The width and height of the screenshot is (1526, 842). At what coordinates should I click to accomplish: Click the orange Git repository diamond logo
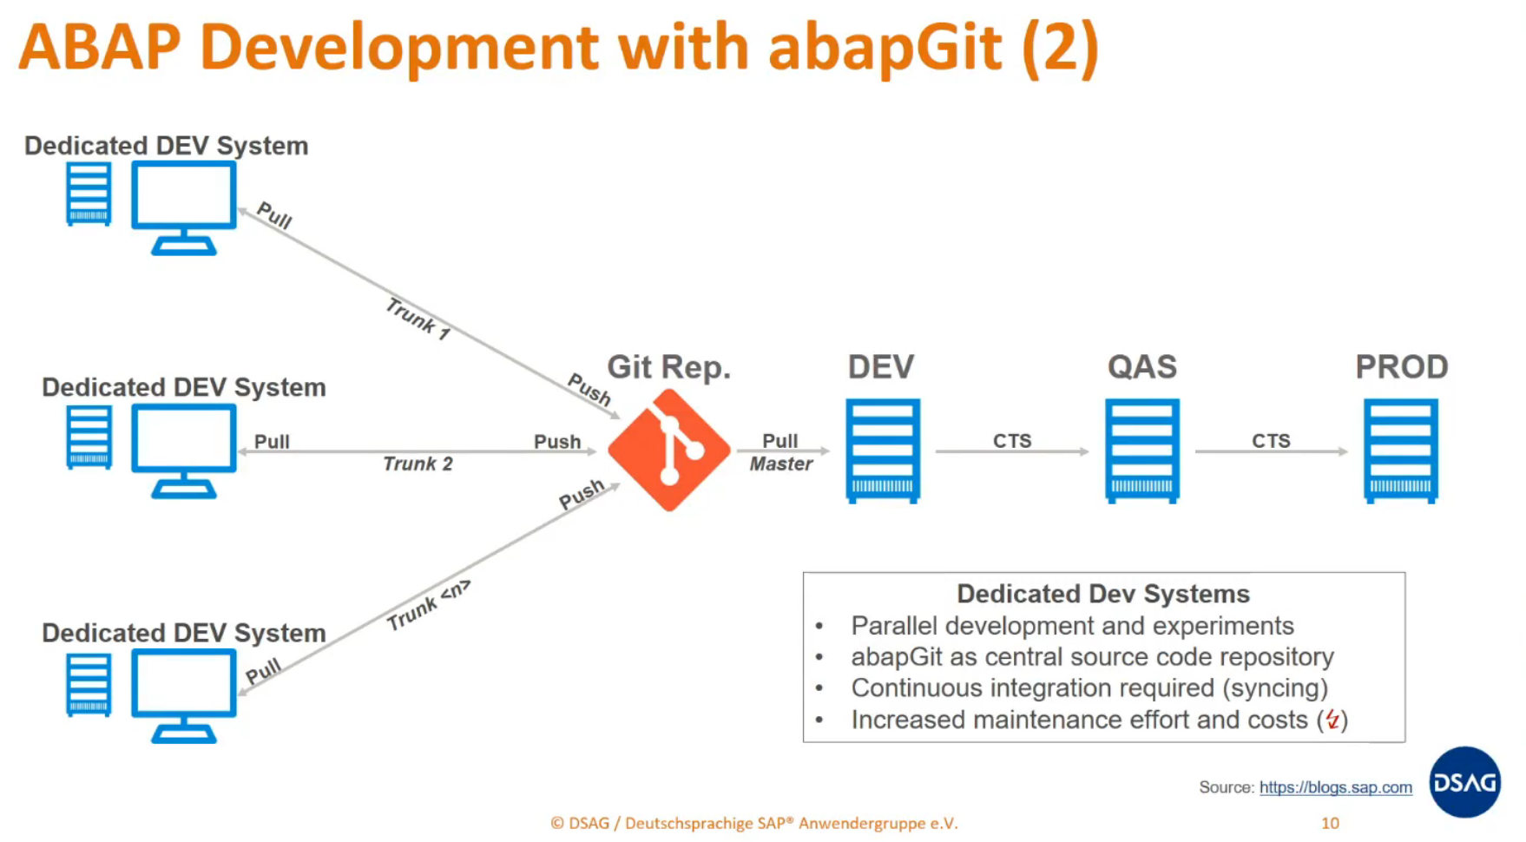pyautogui.click(x=668, y=450)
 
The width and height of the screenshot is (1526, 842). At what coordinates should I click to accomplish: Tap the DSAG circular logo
pyautogui.click(x=1464, y=782)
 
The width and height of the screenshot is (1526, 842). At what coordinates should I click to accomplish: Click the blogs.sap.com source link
pyautogui.click(x=1335, y=787)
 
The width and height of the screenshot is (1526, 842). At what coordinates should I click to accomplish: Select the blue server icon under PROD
pyautogui.click(x=1400, y=451)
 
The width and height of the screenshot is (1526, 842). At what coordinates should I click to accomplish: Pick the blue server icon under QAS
pyautogui.click(x=1141, y=451)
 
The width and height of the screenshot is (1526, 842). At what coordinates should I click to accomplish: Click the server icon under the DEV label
pyautogui.click(x=882, y=451)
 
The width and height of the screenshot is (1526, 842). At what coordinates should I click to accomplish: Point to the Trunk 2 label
pyautogui.click(x=418, y=464)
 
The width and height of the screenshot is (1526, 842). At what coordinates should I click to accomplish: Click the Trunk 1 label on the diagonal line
pyautogui.click(x=418, y=319)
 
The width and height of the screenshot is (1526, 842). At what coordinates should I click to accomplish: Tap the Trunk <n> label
pyautogui.click(x=428, y=604)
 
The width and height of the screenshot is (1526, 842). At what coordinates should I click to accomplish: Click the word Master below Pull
pyautogui.click(x=780, y=464)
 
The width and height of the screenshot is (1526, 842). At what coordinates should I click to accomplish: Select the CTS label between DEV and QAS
pyautogui.click(x=1012, y=441)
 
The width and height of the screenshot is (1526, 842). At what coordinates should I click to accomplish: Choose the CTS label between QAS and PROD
pyautogui.click(x=1271, y=441)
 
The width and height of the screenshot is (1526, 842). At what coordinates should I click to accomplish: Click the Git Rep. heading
pyautogui.click(x=668, y=367)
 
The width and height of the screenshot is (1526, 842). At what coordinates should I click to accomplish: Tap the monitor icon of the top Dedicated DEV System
pyautogui.click(x=184, y=207)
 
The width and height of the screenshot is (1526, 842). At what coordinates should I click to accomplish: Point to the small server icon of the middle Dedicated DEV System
pyautogui.click(x=89, y=437)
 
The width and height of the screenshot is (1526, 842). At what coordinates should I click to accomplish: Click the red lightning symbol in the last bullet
pyautogui.click(x=1332, y=720)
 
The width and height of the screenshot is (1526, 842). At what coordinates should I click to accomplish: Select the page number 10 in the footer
pyautogui.click(x=1330, y=823)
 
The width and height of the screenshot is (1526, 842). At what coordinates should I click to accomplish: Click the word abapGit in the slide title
pyautogui.click(x=885, y=47)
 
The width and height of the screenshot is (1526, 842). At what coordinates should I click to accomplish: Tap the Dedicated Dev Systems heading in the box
pyautogui.click(x=1102, y=594)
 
